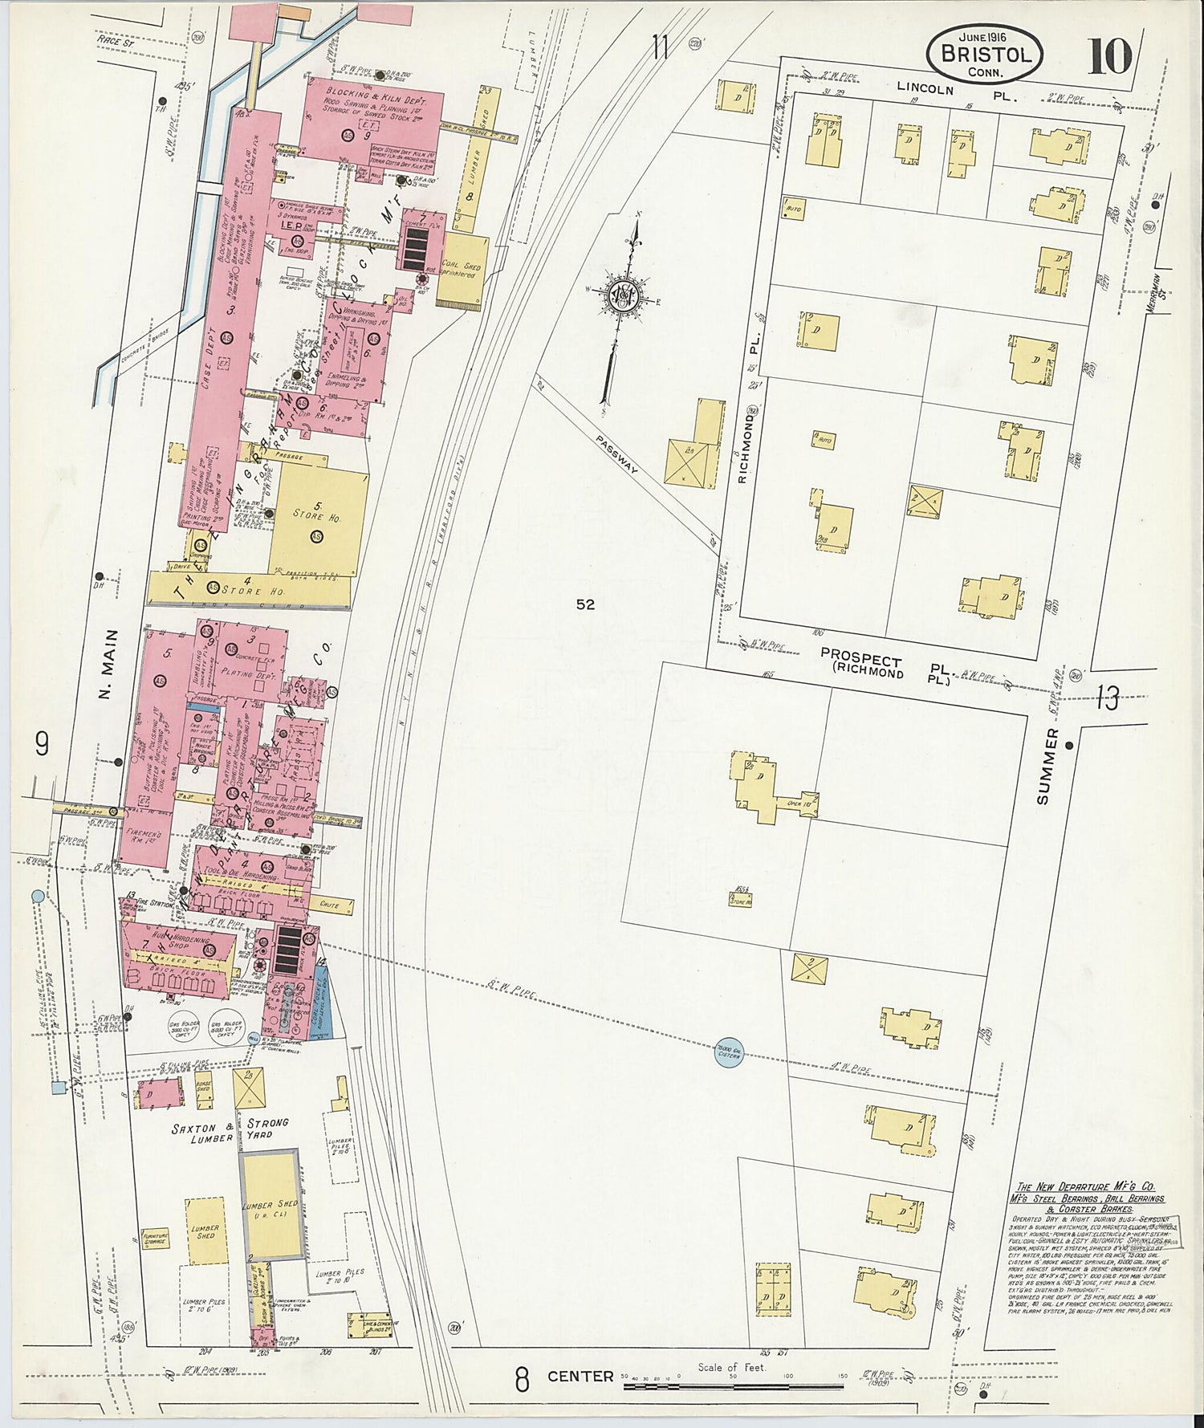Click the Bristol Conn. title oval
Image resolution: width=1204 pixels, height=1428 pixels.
(x=984, y=53)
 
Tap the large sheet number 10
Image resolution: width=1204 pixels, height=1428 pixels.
(x=1109, y=56)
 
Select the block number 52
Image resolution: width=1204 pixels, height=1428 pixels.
(x=585, y=604)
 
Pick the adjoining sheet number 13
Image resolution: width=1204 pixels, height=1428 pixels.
(x=1108, y=699)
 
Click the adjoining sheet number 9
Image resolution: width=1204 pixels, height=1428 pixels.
(x=42, y=744)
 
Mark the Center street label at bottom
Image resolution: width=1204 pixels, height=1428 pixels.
(x=580, y=1377)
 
